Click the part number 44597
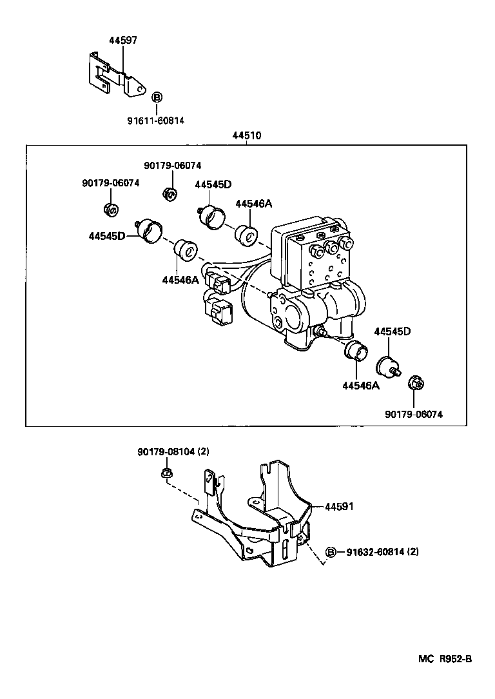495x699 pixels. pyautogui.click(x=122, y=40)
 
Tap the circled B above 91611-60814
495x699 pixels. pyautogui.click(x=157, y=97)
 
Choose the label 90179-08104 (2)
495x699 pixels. pyautogui.click(x=173, y=452)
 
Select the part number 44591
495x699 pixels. pyautogui.click(x=339, y=507)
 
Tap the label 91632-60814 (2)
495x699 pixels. pyautogui.click(x=382, y=552)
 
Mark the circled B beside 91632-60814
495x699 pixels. pyautogui.click(x=331, y=552)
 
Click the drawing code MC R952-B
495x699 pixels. pyautogui.click(x=445, y=658)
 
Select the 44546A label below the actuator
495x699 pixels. pyautogui.click(x=360, y=386)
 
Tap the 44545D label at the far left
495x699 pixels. pyautogui.click(x=106, y=237)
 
